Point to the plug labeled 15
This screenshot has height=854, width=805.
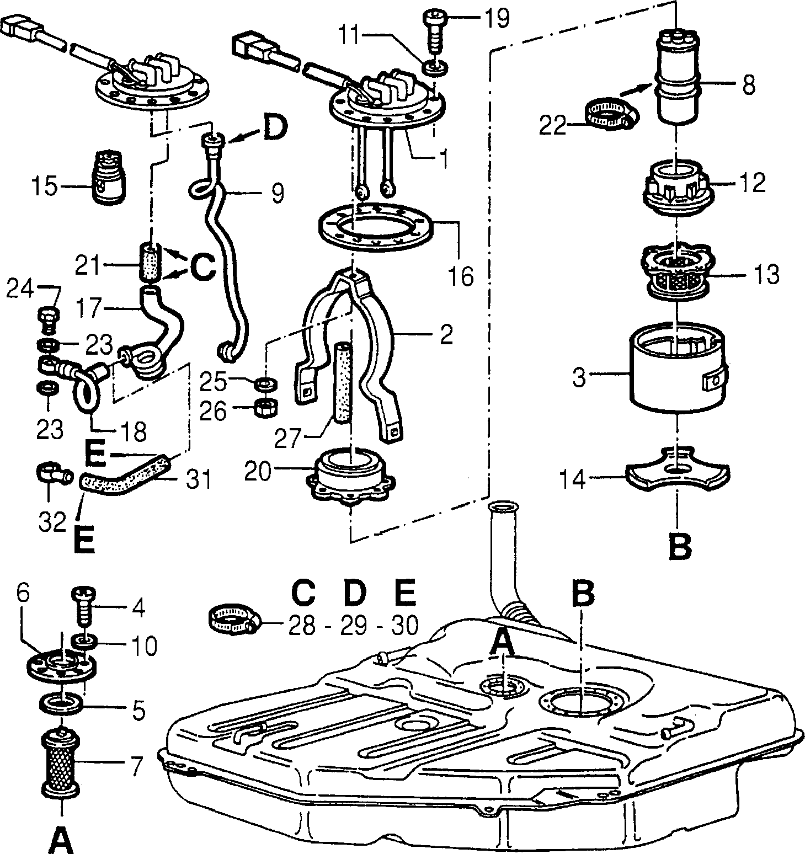click(109, 176)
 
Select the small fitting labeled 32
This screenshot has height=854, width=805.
click(53, 472)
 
